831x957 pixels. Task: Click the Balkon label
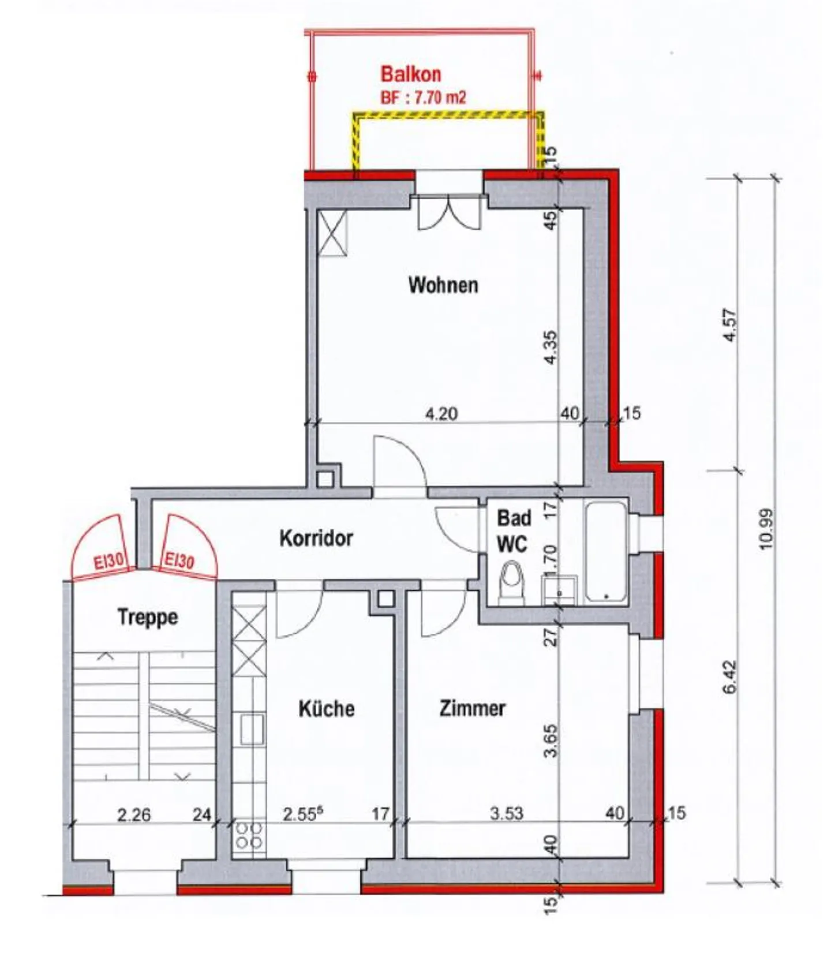click(x=410, y=74)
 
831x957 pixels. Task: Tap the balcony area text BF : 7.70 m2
click(x=423, y=98)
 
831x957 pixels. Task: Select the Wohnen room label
click(x=443, y=285)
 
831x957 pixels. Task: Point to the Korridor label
click(x=316, y=538)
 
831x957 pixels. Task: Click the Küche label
click(x=326, y=709)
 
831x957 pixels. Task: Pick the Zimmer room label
click(x=473, y=708)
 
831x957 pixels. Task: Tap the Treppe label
click(x=148, y=617)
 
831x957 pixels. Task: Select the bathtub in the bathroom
click(x=605, y=552)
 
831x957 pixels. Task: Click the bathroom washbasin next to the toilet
click(x=559, y=590)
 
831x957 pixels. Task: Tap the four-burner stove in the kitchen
click(x=249, y=835)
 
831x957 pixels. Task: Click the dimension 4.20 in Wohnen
click(x=441, y=413)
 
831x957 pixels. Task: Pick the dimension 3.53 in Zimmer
click(x=506, y=813)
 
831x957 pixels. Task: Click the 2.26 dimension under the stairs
click(x=134, y=814)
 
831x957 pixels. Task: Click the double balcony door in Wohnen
click(x=448, y=212)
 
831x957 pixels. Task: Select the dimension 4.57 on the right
click(x=730, y=326)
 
